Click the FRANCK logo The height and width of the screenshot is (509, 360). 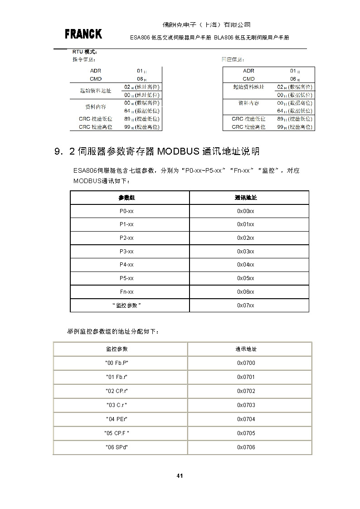(83, 34)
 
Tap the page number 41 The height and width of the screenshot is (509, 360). (180, 475)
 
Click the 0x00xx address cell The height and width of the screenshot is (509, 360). (245, 211)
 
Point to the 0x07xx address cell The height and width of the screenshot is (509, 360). (245, 305)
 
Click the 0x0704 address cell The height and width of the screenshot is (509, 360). (246, 419)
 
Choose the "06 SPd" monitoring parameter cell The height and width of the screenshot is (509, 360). (117, 447)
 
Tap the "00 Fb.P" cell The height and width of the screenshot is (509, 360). (117, 363)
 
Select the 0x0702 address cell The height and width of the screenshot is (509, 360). (246, 391)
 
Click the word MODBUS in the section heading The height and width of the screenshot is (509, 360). (177, 151)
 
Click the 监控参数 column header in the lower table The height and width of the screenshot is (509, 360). (117, 349)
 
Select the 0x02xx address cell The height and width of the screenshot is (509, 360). (245, 238)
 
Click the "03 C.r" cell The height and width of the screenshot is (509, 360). (117, 405)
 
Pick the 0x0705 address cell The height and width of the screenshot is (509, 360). (246, 433)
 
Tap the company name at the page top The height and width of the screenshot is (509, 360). (206, 24)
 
